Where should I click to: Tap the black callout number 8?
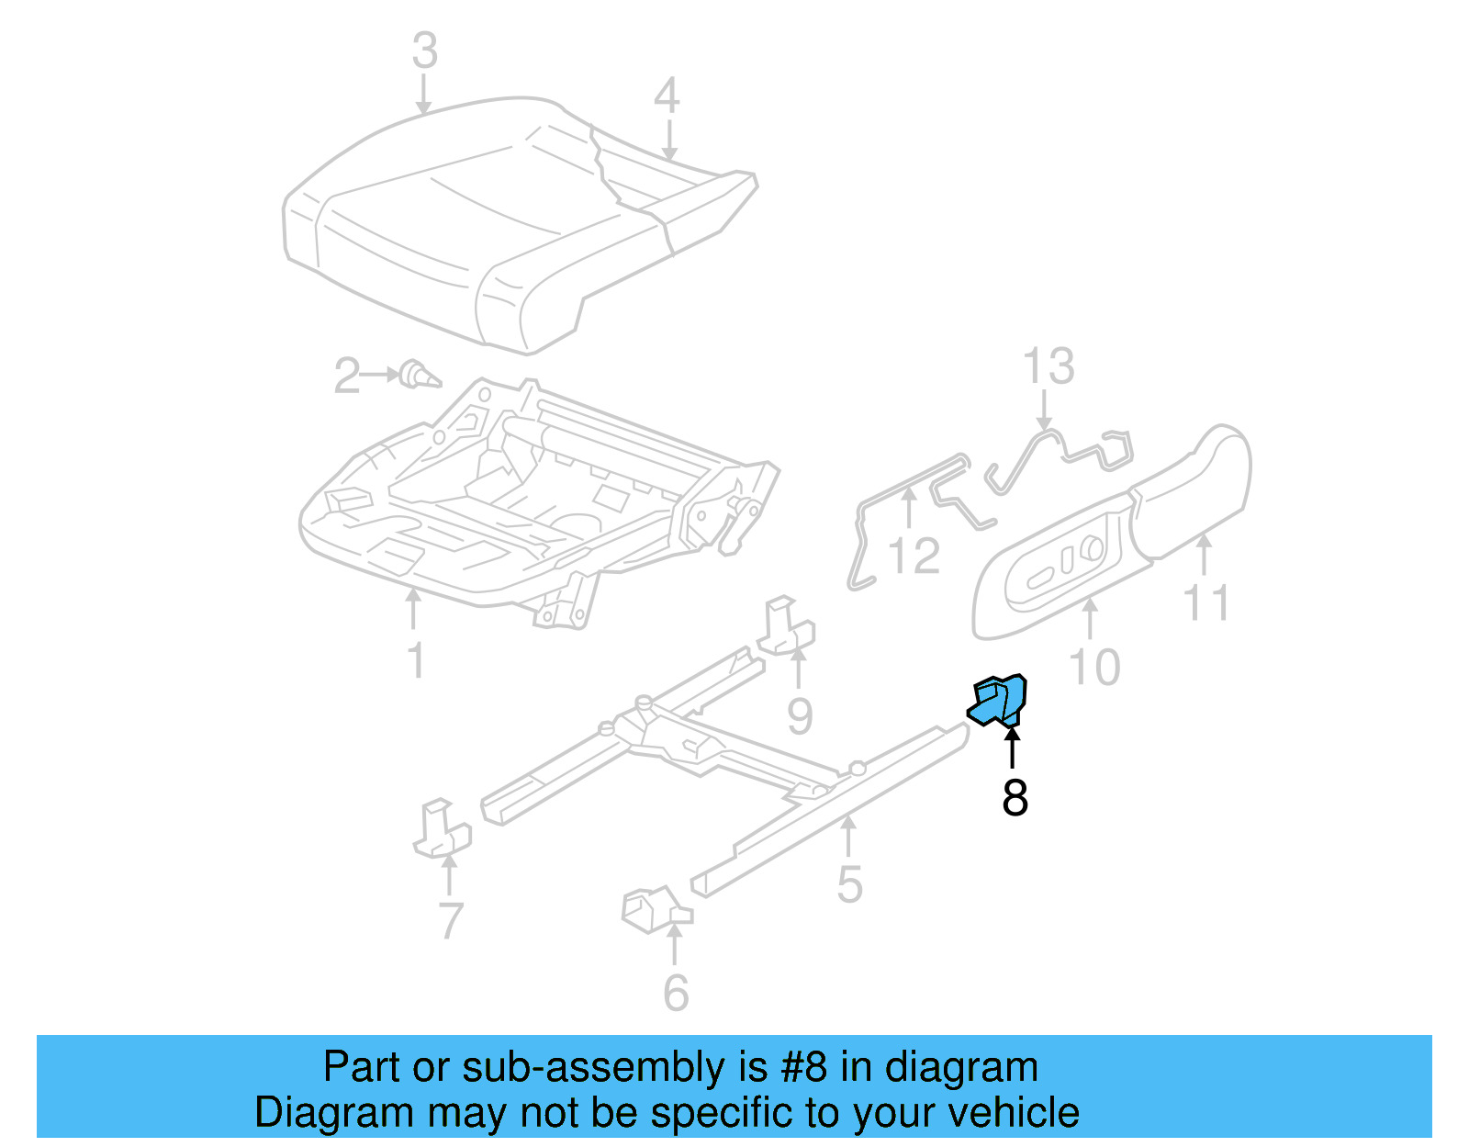tap(1015, 797)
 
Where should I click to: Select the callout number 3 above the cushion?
tap(424, 51)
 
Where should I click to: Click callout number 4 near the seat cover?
tap(667, 96)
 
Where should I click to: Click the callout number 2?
tap(347, 377)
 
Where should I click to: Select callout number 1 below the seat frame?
tap(416, 659)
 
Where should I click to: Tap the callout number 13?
tap(1048, 366)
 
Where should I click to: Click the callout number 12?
tap(914, 557)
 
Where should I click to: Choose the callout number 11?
tap(1205, 603)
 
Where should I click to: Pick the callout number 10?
tap(1094, 666)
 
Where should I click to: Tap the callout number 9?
tap(800, 715)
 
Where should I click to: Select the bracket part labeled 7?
tap(441, 829)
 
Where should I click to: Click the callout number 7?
tap(450, 921)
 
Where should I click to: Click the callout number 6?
tap(676, 993)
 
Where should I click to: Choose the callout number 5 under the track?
tap(849, 884)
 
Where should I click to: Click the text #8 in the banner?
tap(804, 1067)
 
